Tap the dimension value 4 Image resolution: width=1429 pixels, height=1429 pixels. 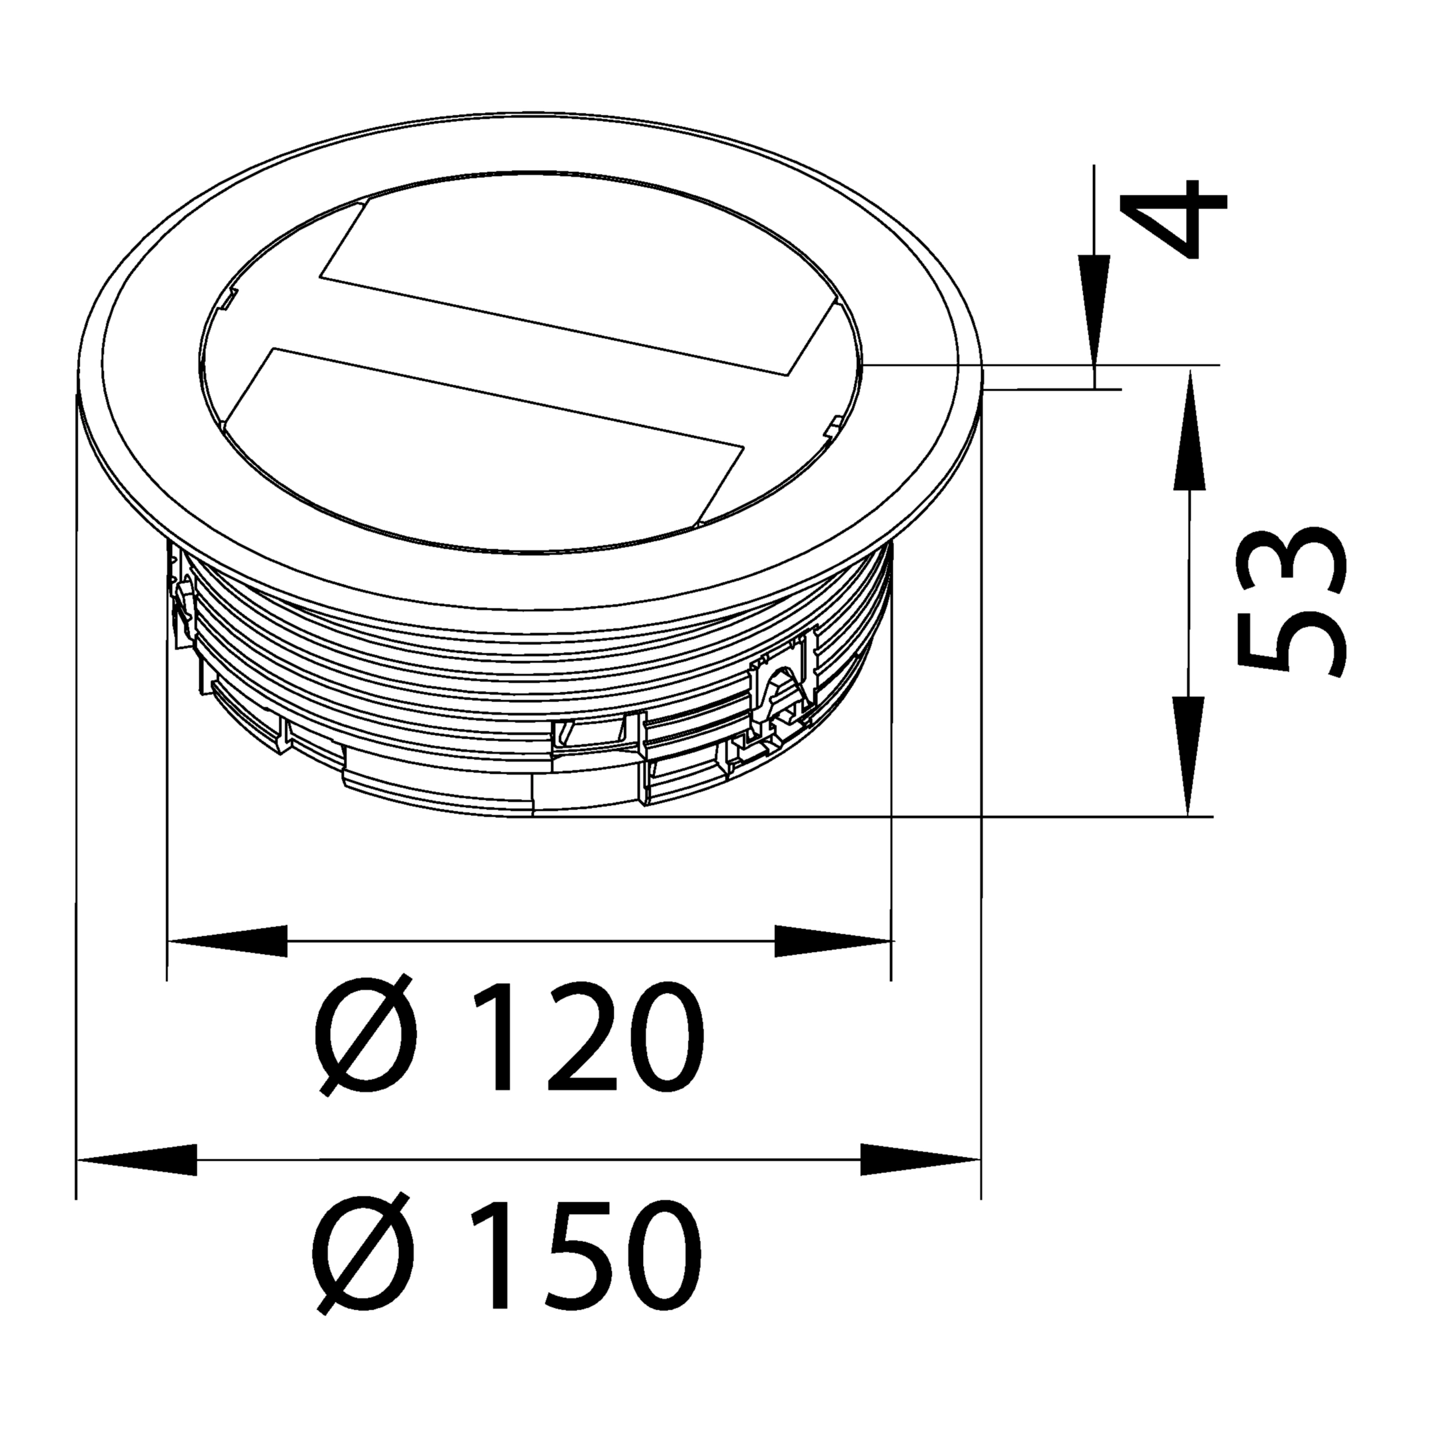[1173, 219]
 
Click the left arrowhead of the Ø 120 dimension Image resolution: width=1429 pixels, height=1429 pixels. [228, 941]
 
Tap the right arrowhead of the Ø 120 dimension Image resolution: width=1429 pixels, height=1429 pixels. [834, 941]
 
